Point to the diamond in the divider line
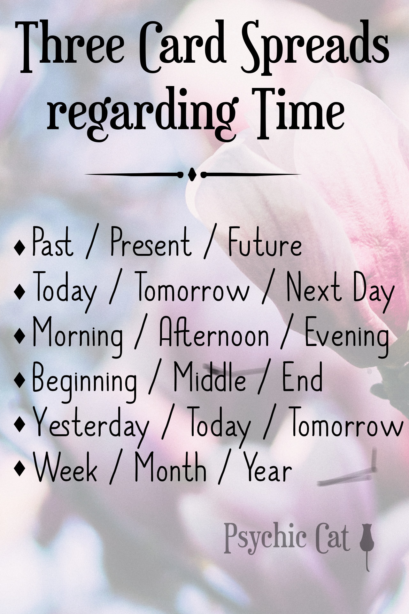coord(192,175)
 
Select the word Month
coord(170,468)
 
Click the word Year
coord(268,468)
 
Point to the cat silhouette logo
coord(365,545)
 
